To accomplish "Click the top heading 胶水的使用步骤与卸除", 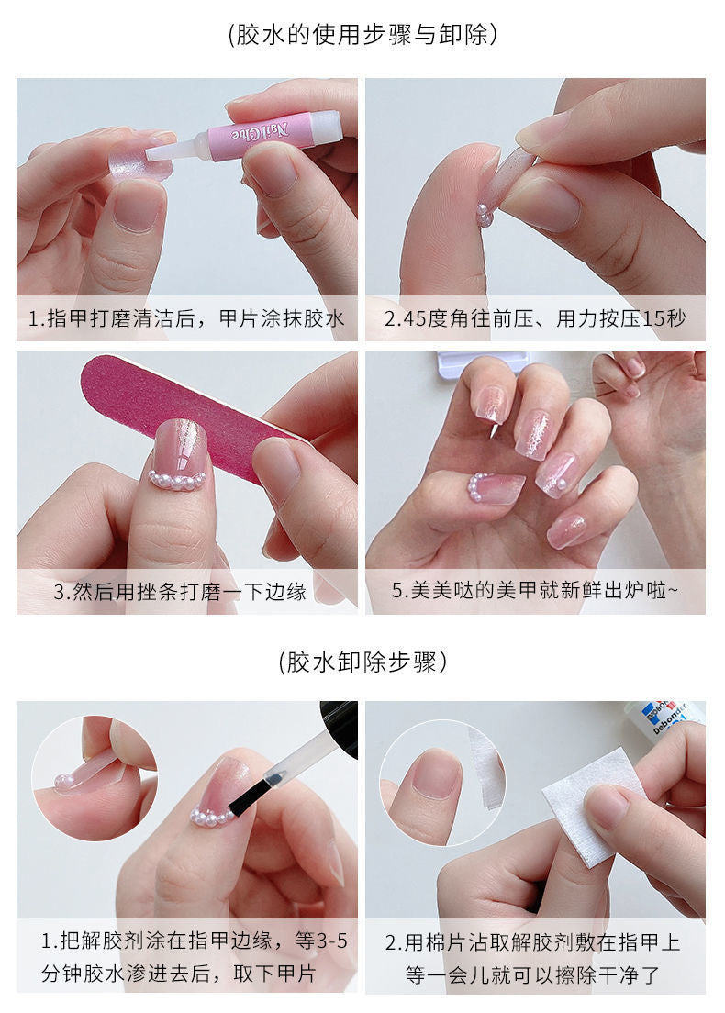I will point(362,35).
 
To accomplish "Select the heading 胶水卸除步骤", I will point(362,662).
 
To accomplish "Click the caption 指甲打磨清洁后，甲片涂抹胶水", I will point(186,319).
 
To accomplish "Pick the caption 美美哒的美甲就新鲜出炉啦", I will point(534,592).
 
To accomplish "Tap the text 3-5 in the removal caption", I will point(326,941).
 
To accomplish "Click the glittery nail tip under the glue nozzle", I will point(132,157).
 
